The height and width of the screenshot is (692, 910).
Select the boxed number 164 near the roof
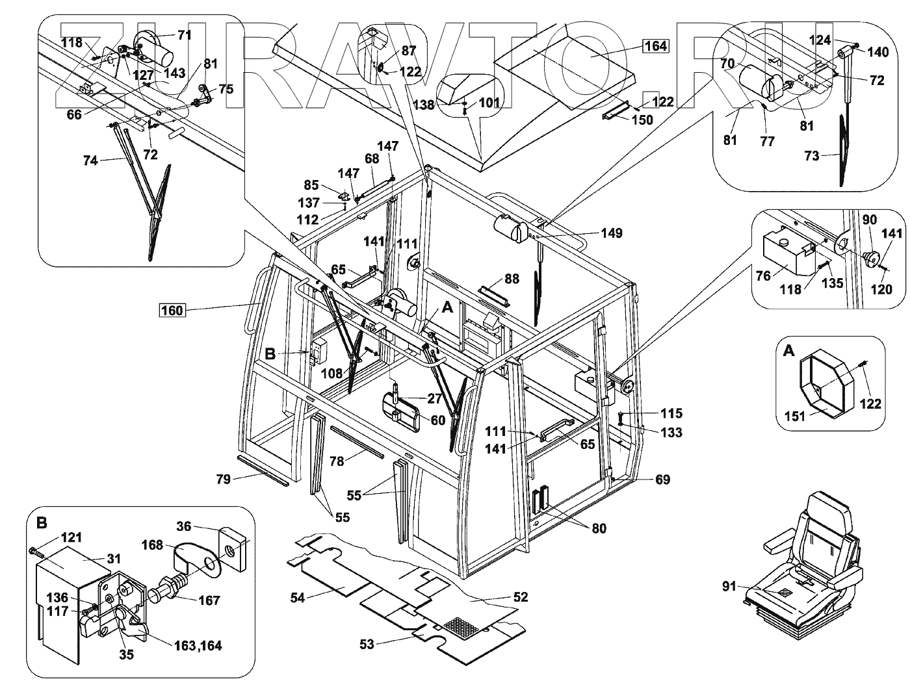click(655, 46)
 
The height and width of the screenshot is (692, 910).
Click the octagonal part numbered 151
click(821, 384)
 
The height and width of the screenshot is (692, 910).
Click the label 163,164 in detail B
click(198, 645)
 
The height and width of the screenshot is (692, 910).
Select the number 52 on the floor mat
click(521, 597)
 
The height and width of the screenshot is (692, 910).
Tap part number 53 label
click(367, 644)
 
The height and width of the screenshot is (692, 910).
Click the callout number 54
click(298, 597)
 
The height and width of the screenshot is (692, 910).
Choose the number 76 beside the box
click(763, 276)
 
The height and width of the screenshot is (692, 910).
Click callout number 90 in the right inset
click(870, 221)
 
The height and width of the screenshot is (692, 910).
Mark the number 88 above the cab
click(512, 279)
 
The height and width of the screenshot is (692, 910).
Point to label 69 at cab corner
click(662, 480)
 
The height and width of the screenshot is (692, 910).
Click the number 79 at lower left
click(223, 479)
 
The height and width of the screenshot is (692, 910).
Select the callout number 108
click(331, 374)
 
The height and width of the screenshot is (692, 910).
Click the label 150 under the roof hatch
click(642, 120)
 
